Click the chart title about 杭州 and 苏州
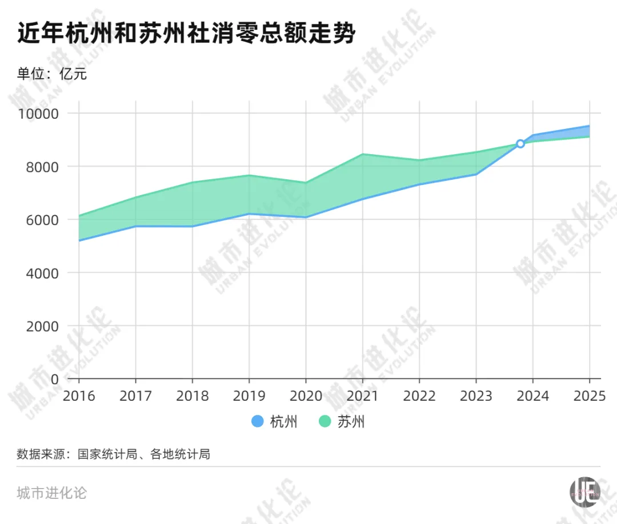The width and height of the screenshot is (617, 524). [x=186, y=34]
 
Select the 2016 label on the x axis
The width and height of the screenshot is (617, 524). [x=79, y=396]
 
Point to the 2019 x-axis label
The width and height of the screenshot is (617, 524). [x=249, y=396]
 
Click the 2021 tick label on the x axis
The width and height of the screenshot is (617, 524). [x=362, y=396]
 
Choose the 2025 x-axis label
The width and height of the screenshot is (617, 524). [x=588, y=396]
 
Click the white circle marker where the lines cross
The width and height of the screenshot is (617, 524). [x=520, y=144]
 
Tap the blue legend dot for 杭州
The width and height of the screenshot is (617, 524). [x=257, y=422]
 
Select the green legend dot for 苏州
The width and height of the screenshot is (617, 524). [x=324, y=422]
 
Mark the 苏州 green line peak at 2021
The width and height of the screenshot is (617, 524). [x=362, y=154]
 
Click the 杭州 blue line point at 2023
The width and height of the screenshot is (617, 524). [x=476, y=174]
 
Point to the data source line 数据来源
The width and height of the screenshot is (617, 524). [x=114, y=454]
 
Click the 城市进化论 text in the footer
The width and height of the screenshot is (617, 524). [x=52, y=493]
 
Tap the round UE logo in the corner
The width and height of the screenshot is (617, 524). [x=584, y=491]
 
